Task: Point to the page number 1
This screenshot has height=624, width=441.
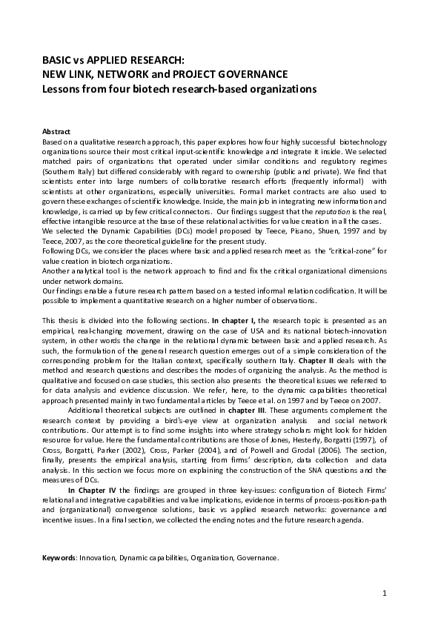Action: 385,594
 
